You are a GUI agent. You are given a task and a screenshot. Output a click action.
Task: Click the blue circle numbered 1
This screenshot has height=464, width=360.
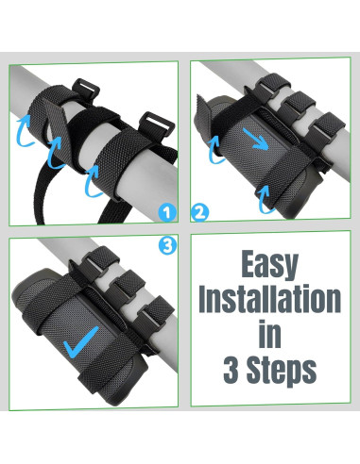pos(167,212)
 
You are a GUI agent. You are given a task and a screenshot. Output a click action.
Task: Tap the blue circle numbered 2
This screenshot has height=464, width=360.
pos(199,212)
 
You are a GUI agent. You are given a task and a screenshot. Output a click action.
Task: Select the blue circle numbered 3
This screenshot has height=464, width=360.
pos(167,245)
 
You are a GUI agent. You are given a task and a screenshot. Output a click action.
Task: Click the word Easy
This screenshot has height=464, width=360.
pos(270,265)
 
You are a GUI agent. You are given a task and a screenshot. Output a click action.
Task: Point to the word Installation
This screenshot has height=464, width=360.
pos(270,298)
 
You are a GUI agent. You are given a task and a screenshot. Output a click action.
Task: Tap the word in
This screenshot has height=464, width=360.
pos(269,333)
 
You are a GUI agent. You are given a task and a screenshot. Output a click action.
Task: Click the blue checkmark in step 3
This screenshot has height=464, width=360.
pos(80,342)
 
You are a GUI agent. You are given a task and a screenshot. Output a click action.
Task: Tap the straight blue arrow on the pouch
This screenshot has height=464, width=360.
pos(256,139)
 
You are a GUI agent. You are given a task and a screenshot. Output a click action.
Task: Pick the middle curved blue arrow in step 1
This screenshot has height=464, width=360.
pos(56,152)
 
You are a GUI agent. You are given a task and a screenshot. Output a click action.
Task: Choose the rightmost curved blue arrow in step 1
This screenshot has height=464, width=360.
pos(93,181)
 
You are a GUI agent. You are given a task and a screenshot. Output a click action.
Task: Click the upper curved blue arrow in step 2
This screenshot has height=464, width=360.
pos(215,150)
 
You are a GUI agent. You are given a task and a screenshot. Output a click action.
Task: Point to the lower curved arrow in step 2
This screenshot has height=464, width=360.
pos(266,200)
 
